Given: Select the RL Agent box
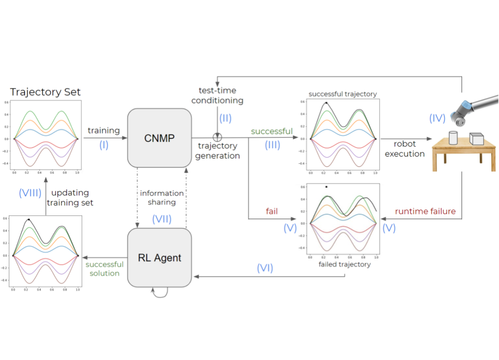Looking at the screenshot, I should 160,256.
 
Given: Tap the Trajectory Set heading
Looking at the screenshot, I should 45,93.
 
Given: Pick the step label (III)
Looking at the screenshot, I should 272,145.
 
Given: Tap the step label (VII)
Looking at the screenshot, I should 162,220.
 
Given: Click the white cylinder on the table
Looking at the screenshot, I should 452,138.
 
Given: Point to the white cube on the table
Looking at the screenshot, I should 476,139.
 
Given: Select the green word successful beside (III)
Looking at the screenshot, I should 271,132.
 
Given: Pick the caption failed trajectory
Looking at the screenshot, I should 344,264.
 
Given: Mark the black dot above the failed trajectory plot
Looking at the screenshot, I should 326,187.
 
